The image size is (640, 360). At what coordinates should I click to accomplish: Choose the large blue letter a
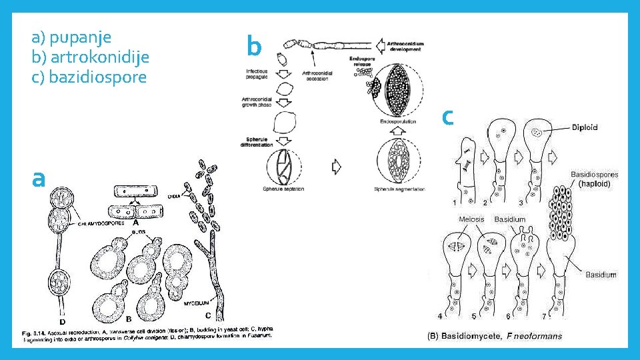39,177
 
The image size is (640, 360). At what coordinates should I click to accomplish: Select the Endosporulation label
398,122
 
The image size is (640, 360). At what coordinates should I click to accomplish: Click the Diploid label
585,127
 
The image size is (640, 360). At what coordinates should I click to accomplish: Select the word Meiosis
471,219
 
